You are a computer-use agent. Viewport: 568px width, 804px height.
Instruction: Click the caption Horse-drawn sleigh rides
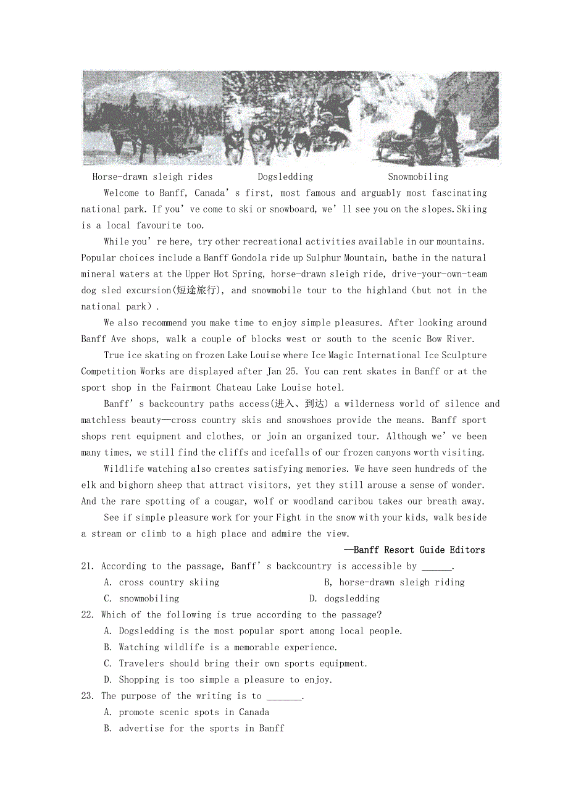click(152, 177)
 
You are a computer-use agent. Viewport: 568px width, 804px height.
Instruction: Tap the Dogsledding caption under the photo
click(285, 177)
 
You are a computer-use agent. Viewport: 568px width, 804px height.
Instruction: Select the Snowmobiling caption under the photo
click(418, 177)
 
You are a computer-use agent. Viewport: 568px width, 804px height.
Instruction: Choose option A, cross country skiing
click(162, 582)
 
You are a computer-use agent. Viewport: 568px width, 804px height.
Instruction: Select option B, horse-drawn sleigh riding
click(395, 582)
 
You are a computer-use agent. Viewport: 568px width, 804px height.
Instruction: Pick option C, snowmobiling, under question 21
click(141, 598)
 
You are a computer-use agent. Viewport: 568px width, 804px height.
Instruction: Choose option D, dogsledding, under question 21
click(345, 598)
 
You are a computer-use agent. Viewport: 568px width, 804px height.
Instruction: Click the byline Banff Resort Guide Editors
click(415, 550)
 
